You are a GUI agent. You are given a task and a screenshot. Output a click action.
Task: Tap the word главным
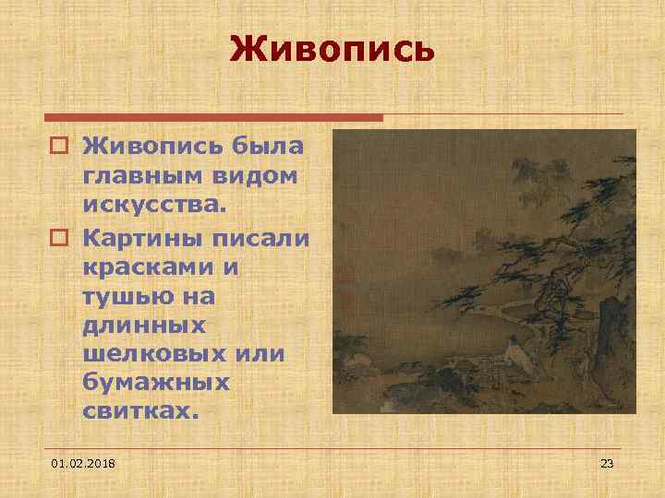click(x=133, y=174)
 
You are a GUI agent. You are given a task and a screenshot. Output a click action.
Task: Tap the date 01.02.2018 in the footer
click(x=91, y=461)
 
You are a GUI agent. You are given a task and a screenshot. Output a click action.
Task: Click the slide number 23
click(x=607, y=461)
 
